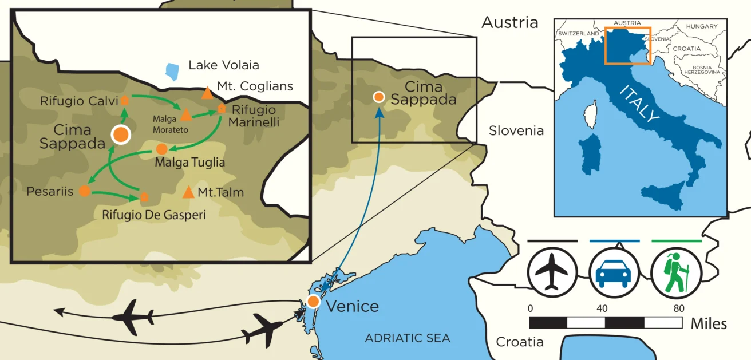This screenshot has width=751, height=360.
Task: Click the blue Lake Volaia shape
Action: [171, 71]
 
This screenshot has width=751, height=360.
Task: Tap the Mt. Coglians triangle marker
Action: [207, 93]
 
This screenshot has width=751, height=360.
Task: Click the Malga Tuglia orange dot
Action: [162, 149]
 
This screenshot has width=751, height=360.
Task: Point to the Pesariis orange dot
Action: [85, 191]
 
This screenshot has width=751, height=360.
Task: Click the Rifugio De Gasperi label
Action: [153, 215]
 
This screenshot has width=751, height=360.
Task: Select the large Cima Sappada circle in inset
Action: [121, 134]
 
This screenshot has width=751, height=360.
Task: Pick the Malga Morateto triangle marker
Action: [185, 116]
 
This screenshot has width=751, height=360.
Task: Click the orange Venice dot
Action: [313, 301]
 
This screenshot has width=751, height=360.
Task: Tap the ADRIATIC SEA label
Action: [408, 338]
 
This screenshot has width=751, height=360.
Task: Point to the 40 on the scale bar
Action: [602, 308]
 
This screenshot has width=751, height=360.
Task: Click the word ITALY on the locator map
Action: [640, 103]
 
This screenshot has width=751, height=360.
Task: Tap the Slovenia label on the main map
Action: [516, 131]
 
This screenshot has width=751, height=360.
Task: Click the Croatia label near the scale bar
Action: [519, 342]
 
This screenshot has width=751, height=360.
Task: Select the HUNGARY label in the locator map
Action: [702, 26]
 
